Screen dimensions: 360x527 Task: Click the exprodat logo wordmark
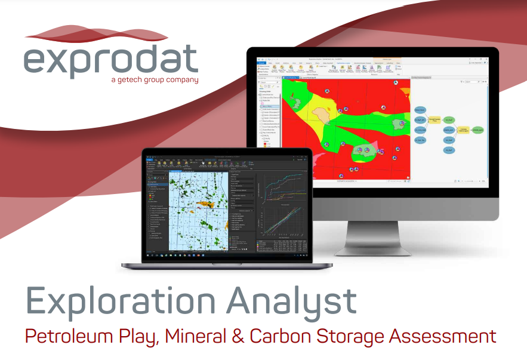111,60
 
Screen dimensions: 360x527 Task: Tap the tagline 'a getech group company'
155,79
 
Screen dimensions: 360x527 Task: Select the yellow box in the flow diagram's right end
463,129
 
